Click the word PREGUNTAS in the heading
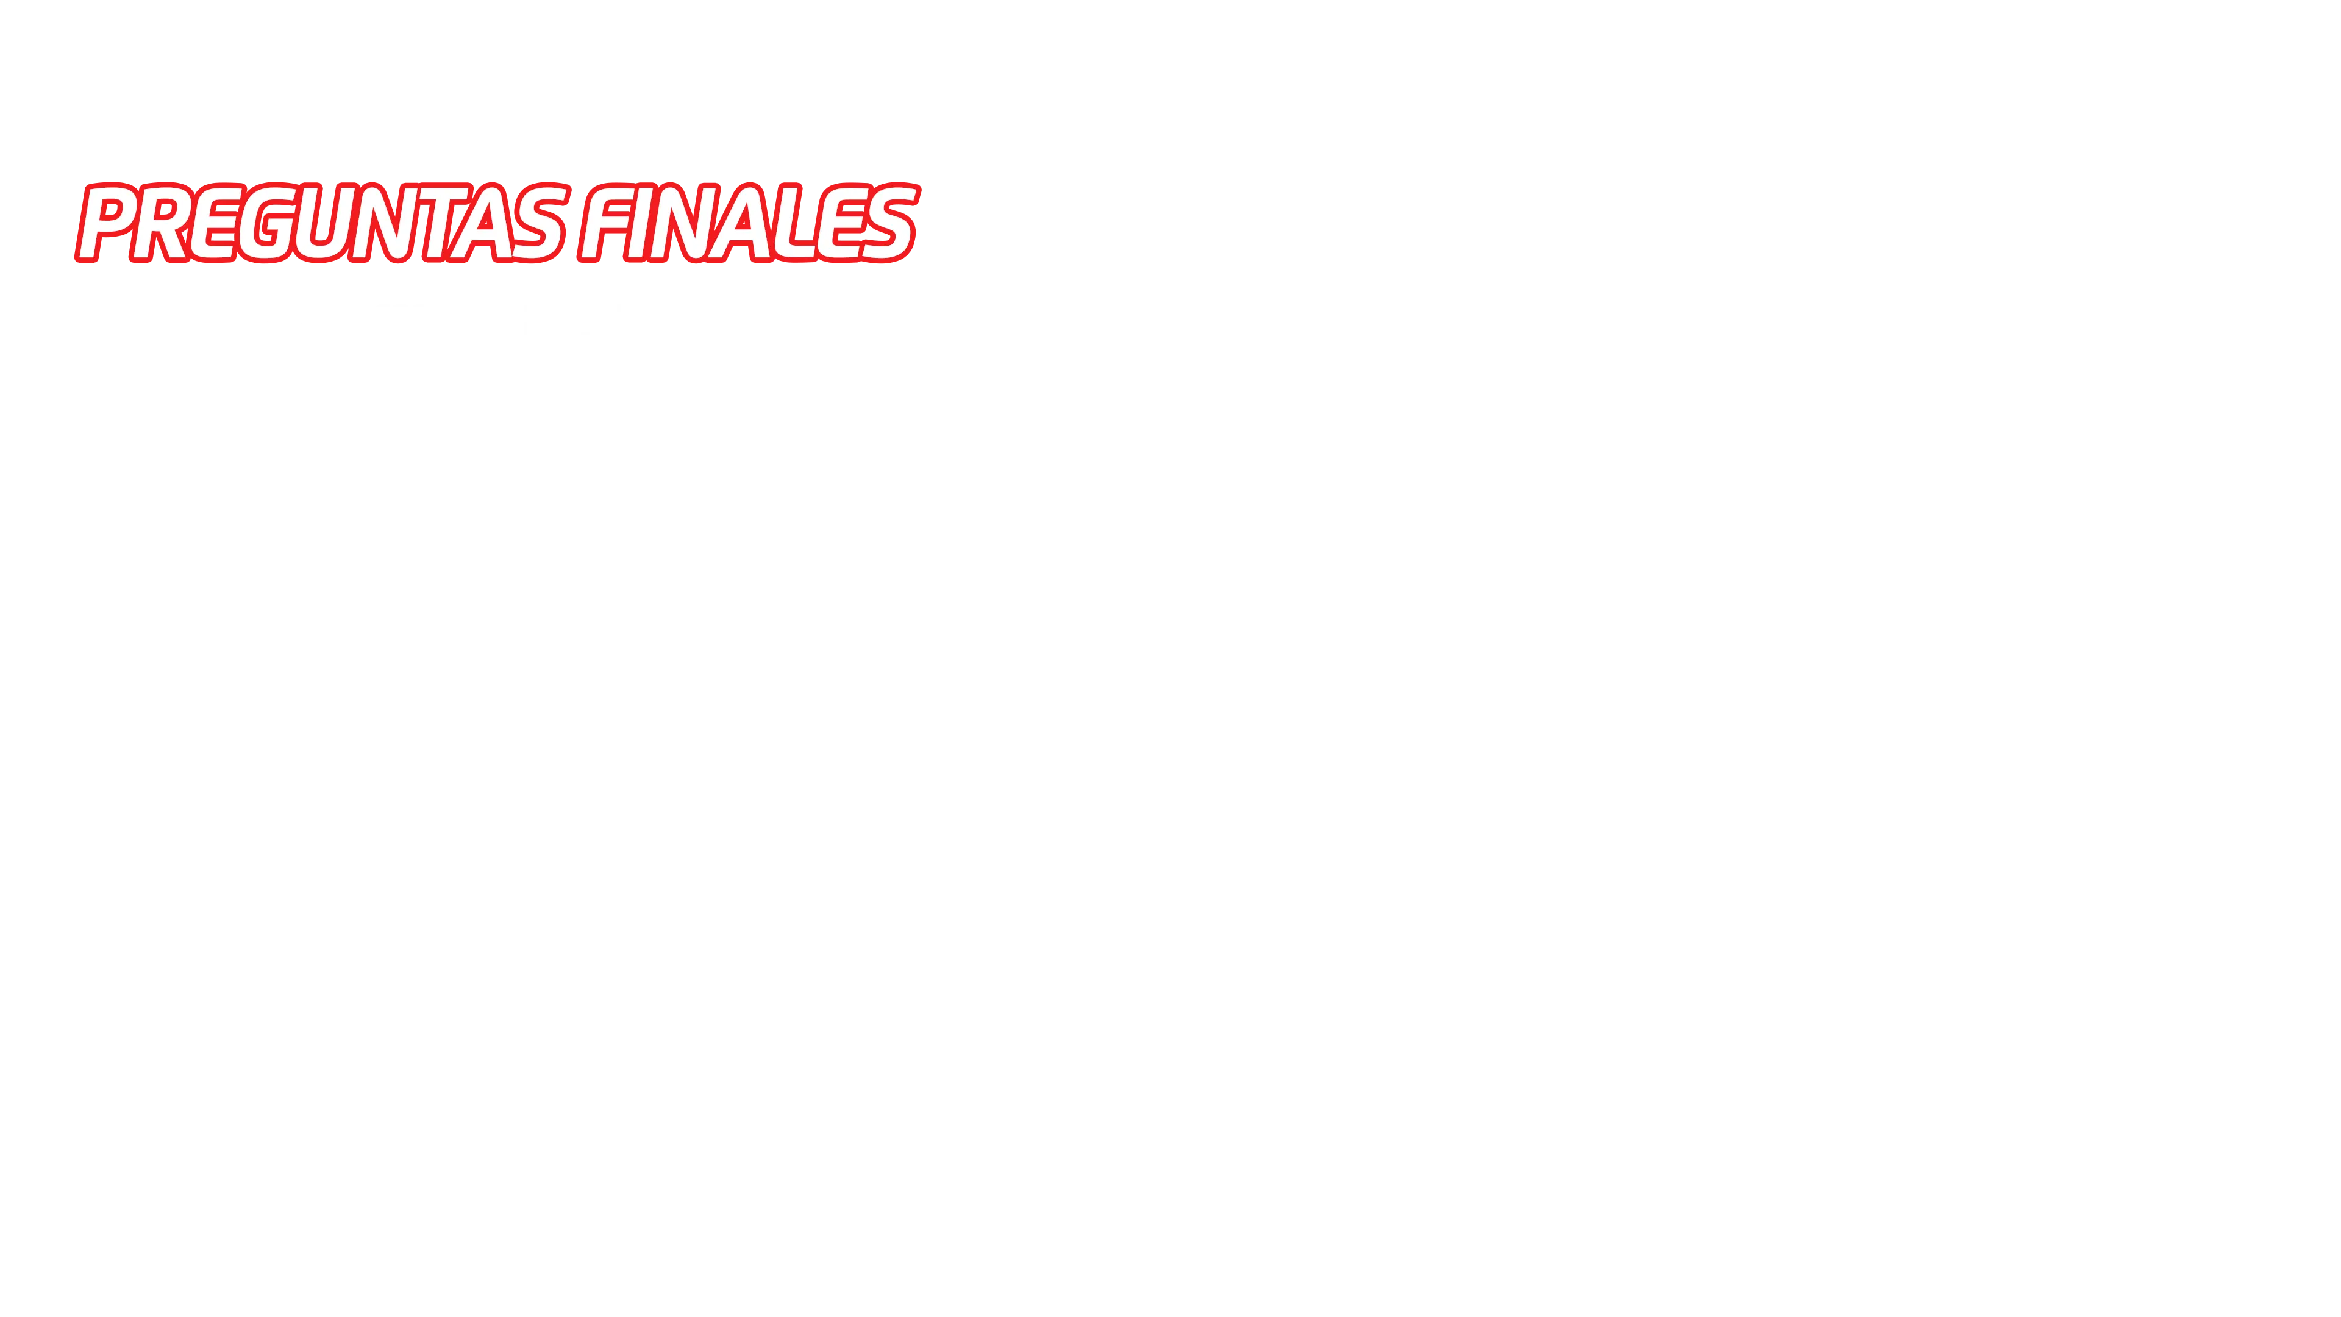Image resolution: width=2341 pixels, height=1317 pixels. (x=322, y=223)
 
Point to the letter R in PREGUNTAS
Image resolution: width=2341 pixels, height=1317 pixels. (x=161, y=223)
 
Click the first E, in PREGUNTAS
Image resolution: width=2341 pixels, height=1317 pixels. (x=213, y=223)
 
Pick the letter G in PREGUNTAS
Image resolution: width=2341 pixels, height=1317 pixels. (x=266, y=223)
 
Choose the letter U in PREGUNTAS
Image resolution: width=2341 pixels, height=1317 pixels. (x=322, y=223)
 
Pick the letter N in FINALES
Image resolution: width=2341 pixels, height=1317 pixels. (x=685, y=223)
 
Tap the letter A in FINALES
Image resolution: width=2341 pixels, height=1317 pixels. (x=739, y=223)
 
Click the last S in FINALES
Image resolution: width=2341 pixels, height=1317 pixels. (x=889, y=223)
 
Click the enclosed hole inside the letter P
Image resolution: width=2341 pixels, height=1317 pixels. (x=111, y=211)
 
